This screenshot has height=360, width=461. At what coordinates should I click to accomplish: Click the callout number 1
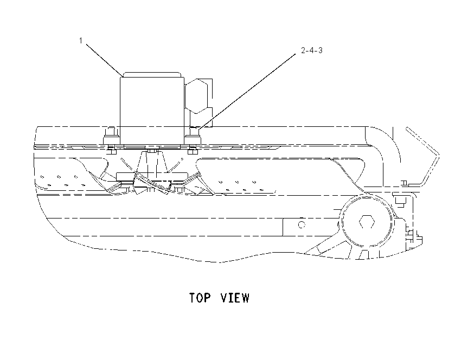coord(81,40)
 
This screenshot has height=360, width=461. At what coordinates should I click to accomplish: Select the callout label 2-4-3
coord(312,50)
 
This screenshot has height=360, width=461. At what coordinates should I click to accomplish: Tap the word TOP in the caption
coord(200,298)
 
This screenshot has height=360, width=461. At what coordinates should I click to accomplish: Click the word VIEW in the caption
coord(235,298)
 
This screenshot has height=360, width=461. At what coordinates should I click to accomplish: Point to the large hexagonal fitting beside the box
coord(196,97)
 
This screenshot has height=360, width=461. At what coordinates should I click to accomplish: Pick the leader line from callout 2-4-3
coord(247,92)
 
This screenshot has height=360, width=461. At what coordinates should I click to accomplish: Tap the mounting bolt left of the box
coord(111,136)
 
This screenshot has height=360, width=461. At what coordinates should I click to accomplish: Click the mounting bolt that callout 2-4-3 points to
coord(193,135)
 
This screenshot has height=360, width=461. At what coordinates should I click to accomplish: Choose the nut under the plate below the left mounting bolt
coord(111,151)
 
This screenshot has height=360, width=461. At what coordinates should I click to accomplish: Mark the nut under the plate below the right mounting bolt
coord(193,151)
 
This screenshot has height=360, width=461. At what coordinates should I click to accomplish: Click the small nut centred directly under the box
coord(152,151)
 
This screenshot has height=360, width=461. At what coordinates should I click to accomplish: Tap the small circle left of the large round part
coord(302,225)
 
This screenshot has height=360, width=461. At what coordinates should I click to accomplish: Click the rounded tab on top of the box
coord(152,74)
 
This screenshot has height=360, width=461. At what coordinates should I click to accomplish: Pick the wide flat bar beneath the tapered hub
coord(152,176)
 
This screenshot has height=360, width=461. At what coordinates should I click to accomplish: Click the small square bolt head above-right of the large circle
coord(400,201)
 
